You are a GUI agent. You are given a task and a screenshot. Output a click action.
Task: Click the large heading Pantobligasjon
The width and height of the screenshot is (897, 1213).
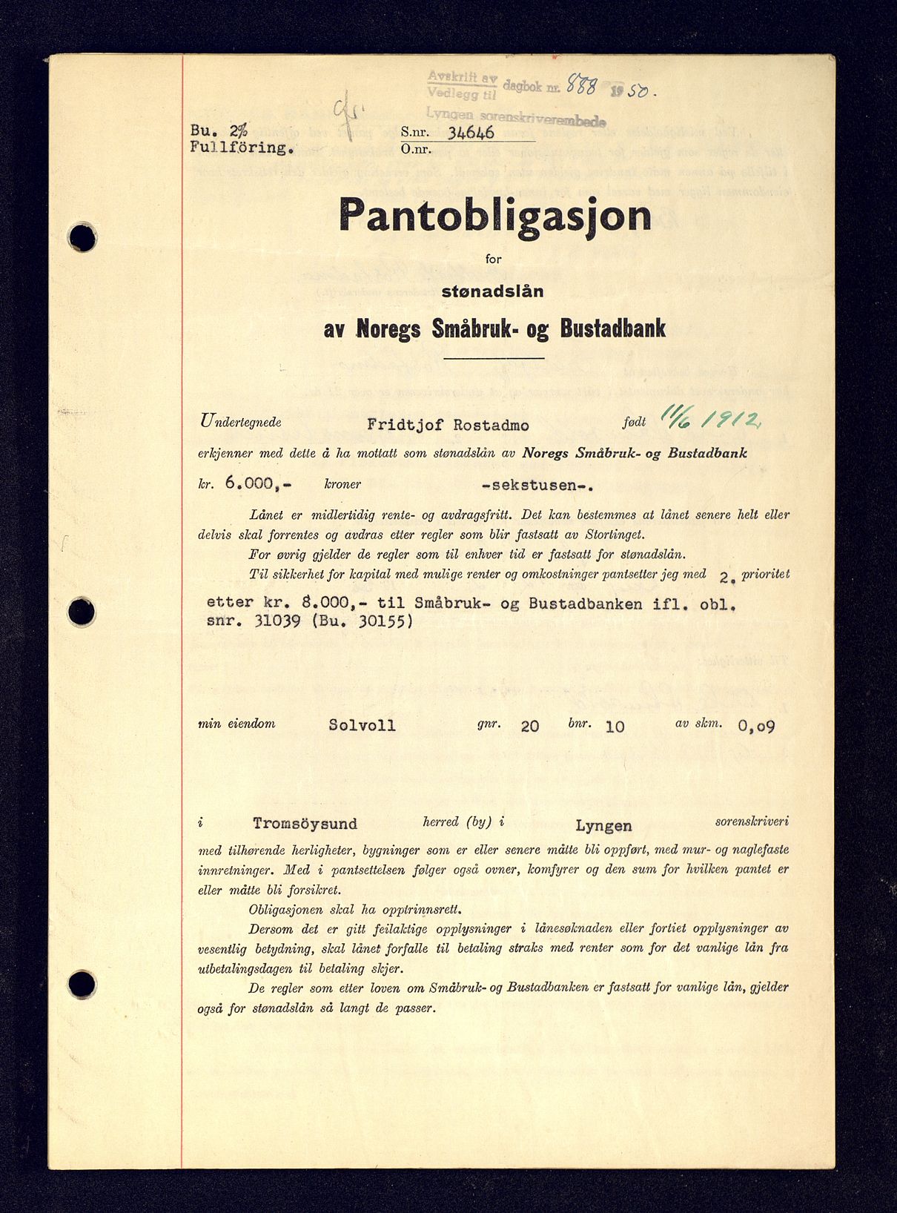pos(494,215)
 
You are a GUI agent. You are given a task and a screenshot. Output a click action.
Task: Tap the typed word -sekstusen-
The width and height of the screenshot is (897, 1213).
pos(537,486)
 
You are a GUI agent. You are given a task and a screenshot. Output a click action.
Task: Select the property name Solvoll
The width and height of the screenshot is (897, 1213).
pos(363,724)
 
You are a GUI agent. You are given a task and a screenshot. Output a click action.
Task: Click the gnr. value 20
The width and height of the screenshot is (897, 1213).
pos(529,726)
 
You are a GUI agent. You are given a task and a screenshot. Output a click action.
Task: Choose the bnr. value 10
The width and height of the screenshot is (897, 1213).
pos(615,726)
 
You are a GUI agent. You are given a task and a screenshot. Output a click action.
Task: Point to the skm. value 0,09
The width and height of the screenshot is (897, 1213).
pos(756,726)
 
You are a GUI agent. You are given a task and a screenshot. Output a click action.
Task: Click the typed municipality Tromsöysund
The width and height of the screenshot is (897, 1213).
pos(305,823)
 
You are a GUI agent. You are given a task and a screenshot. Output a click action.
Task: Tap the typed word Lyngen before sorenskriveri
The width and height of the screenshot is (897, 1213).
pos(603,825)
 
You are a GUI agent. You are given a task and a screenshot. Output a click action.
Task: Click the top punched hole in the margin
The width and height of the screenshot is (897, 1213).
pos(82,238)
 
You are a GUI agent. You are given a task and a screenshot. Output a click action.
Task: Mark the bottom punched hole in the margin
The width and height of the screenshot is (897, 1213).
pos(82,985)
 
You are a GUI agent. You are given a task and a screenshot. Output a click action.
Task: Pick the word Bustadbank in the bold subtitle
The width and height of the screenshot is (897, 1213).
pos(612,328)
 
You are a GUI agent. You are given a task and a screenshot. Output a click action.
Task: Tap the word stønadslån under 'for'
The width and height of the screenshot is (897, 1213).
pos(492,291)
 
